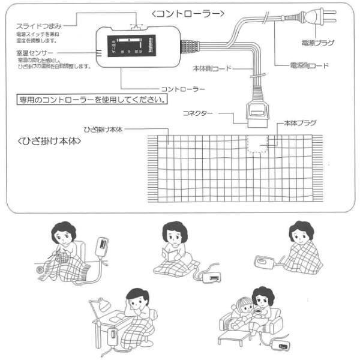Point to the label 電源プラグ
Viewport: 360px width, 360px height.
[317, 44]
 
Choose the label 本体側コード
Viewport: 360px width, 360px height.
[211, 68]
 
